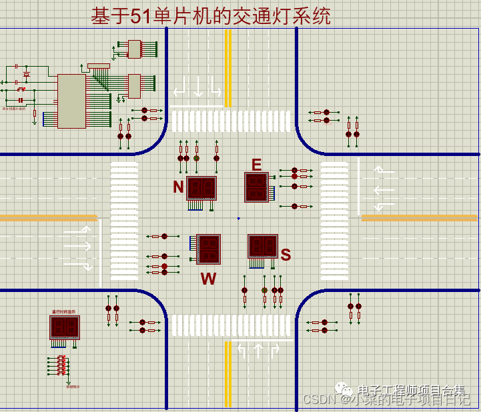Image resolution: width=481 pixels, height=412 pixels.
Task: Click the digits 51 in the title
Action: coord(140,16)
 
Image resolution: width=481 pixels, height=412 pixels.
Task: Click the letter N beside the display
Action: coord(178,187)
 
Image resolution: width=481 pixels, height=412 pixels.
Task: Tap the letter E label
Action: coord(257,165)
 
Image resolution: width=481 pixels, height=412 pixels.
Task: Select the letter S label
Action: coord(286,254)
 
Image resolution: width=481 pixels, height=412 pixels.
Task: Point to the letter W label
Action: coord(208,279)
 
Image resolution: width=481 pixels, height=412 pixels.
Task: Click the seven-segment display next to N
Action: coord(201,189)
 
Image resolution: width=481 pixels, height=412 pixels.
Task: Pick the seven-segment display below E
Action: coord(256,187)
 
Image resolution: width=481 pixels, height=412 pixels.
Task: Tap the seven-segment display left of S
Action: coord(263,246)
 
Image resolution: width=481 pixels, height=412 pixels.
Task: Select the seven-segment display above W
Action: coord(209,248)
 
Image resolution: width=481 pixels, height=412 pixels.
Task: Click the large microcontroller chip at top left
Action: coord(71,101)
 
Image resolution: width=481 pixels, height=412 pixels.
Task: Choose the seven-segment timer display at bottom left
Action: coord(65,327)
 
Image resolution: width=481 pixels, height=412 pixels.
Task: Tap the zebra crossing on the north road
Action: coord(231,121)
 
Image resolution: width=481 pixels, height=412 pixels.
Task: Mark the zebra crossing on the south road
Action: coord(231,325)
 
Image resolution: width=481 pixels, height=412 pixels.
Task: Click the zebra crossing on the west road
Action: coord(123,220)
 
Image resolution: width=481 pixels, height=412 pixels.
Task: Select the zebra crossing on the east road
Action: coord(334,220)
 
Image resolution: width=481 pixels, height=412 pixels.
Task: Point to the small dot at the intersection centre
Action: coord(238,218)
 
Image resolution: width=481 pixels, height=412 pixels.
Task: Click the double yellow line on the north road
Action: coord(228,67)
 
